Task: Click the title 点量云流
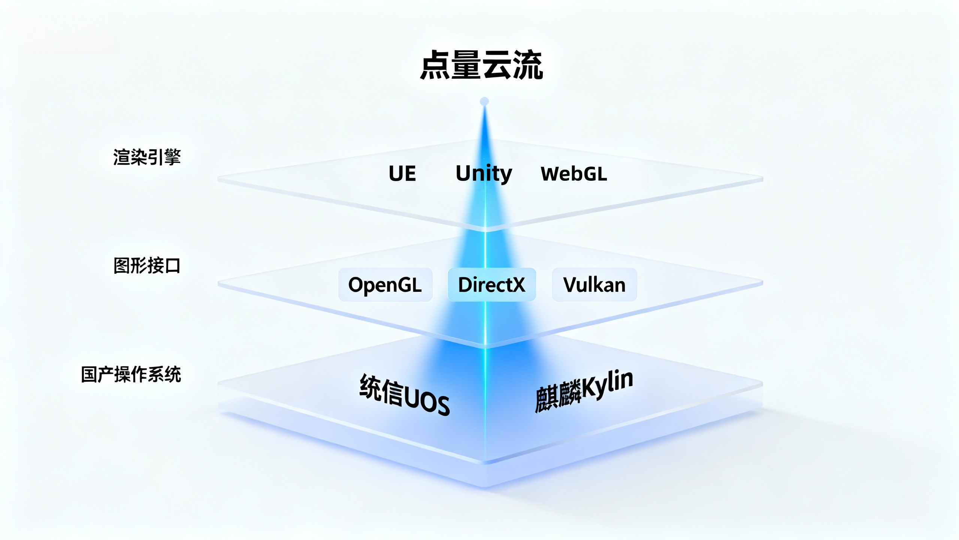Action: tap(481, 65)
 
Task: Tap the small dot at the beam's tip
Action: tap(484, 101)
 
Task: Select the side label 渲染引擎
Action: tap(147, 157)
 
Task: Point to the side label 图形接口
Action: tap(147, 265)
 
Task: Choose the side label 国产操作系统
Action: tap(131, 374)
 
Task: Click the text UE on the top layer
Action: tap(402, 174)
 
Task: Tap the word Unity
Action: tap(484, 174)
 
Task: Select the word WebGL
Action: tap(574, 174)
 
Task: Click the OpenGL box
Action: tap(385, 285)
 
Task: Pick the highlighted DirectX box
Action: tap(491, 285)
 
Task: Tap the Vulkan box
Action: tap(594, 285)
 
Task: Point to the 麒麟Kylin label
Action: tap(584, 392)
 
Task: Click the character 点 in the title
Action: tap(435, 65)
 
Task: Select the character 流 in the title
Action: tap(528, 65)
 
